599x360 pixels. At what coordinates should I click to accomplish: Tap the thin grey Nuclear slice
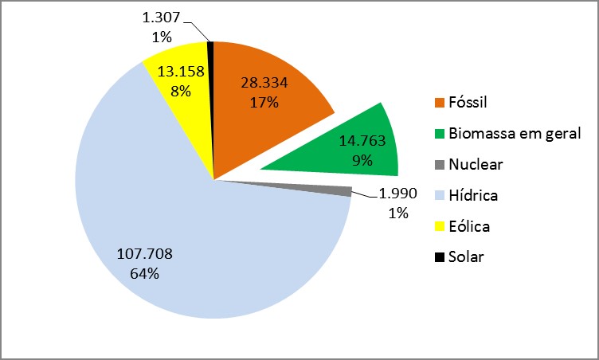335,190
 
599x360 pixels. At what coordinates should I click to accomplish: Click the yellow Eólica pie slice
179,119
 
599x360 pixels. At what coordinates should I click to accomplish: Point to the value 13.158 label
180,72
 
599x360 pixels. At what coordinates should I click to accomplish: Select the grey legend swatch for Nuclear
440,165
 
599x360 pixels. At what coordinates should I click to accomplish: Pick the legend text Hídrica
472,195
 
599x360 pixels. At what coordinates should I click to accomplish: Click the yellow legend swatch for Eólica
440,227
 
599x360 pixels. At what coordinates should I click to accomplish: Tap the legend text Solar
466,257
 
